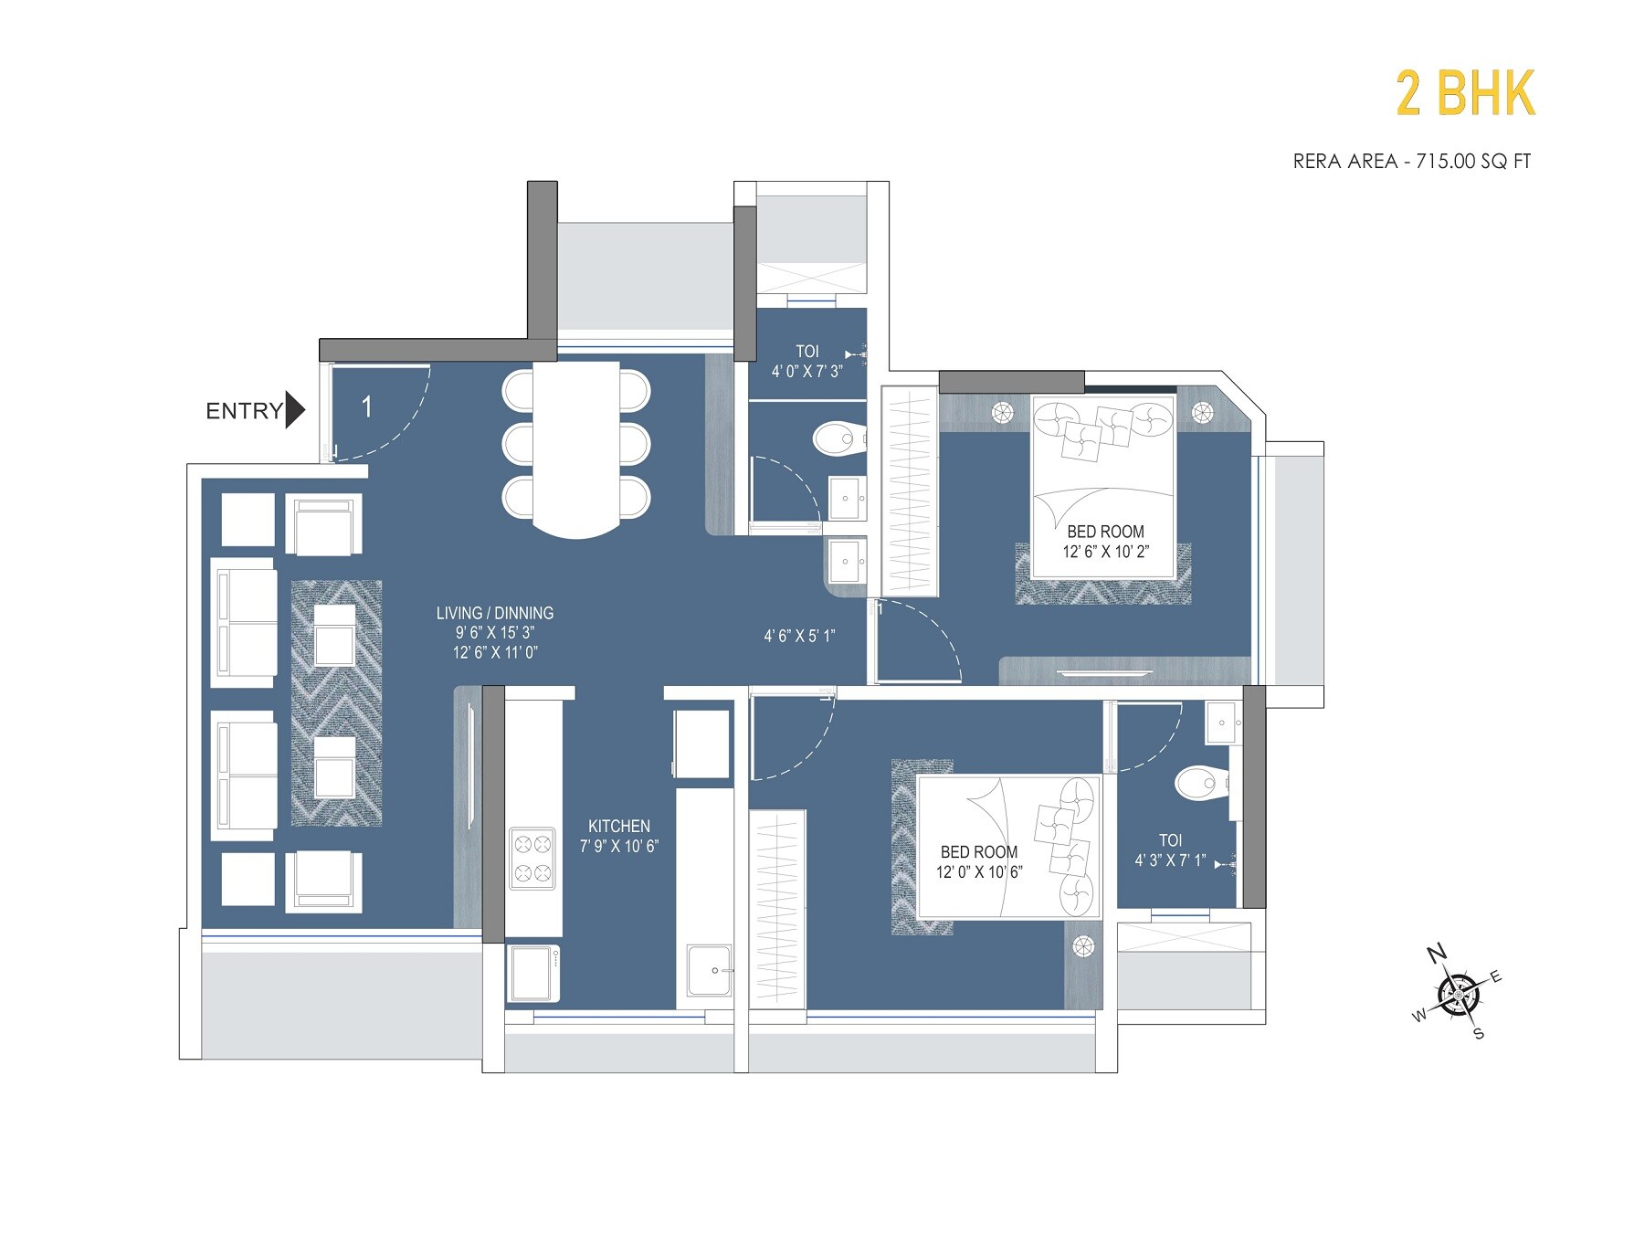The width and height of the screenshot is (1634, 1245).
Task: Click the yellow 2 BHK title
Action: tap(1465, 94)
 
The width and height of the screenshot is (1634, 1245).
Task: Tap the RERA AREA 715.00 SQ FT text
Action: tap(1411, 162)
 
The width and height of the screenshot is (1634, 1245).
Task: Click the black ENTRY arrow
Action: tap(294, 410)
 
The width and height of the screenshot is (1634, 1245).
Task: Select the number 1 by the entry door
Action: tap(366, 406)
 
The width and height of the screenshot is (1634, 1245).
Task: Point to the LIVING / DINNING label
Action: tap(494, 613)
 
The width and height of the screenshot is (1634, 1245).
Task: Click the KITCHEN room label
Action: tap(618, 826)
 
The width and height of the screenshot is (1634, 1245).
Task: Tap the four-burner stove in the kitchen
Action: tap(532, 858)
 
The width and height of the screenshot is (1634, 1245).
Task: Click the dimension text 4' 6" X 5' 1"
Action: tap(799, 636)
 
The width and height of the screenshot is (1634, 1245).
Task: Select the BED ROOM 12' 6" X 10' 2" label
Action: tap(1105, 541)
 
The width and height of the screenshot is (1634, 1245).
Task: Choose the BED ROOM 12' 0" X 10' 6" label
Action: tap(978, 861)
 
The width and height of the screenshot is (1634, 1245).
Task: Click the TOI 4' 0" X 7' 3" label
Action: tap(806, 361)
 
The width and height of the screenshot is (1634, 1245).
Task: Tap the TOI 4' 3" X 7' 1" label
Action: tap(1170, 849)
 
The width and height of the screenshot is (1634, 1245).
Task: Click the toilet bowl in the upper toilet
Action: tap(837, 438)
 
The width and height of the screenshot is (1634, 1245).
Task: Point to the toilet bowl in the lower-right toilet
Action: tap(1200, 784)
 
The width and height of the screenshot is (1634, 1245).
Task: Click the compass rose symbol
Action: tap(1458, 995)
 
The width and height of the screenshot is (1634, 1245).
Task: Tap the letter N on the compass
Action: tap(1437, 954)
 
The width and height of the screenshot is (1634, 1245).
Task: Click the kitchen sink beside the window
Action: tap(709, 971)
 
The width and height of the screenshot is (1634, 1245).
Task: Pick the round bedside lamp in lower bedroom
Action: tap(1083, 946)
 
